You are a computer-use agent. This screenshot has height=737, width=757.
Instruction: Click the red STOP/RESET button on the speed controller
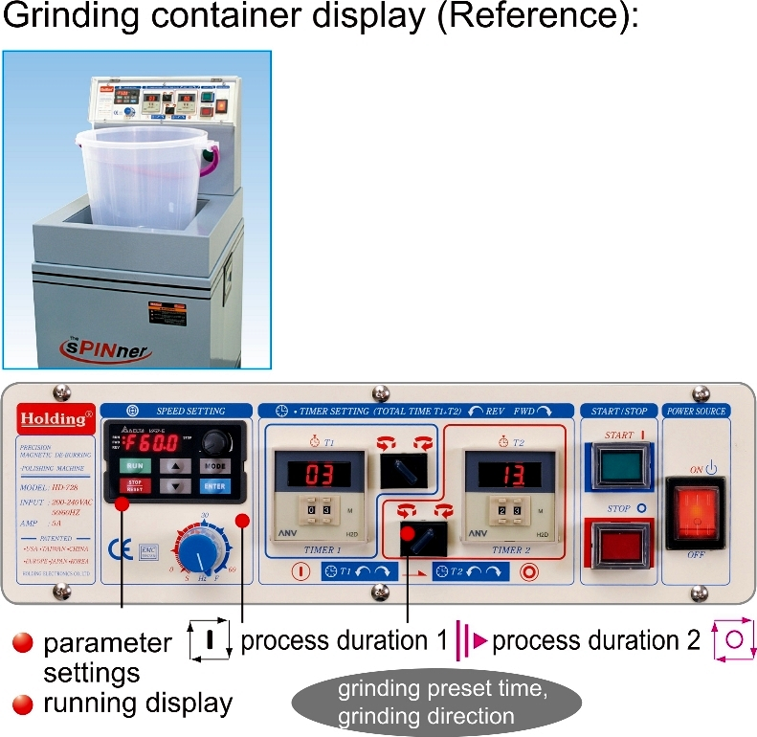pyautogui.click(x=135, y=485)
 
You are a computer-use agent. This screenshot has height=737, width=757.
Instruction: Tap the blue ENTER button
pyautogui.click(x=214, y=485)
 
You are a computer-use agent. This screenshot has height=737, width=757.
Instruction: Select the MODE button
pyautogui.click(x=214, y=464)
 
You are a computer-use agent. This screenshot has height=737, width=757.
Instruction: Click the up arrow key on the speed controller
pyautogui.click(x=175, y=465)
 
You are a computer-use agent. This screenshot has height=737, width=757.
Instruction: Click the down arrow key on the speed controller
pyautogui.click(x=175, y=485)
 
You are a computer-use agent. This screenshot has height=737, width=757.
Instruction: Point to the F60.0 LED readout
pyautogui.click(x=153, y=444)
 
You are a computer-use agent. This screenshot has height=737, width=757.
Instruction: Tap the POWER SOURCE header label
pyautogui.click(x=696, y=410)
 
